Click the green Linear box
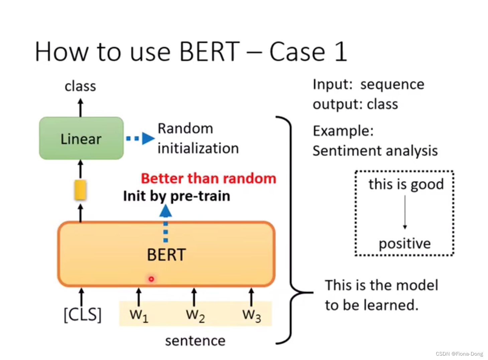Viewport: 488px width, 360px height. pyautogui.click(x=81, y=138)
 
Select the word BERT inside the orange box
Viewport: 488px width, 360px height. pyautogui.click(x=166, y=255)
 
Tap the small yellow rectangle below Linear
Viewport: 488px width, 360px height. pyautogui.click(x=80, y=190)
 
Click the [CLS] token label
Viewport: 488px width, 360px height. pyautogui.click(x=82, y=314)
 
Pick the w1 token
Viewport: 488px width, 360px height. pyautogui.click(x=139, y=315)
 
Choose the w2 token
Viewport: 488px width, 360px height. pyautogui.click(x=195, y=315)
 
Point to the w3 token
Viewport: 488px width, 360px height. pyautogui.click(x=251, y=315)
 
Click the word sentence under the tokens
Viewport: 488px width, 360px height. pyautogui.click(x=195, y=341)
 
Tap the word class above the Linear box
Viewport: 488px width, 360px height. pyautogui.click(x=80, y=86)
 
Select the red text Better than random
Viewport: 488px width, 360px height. pyautogui.click(x=208, y=178)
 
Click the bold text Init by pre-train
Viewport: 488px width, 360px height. pyautogui.click(x=176, y=196)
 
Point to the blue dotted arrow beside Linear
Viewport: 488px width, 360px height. pyautogui.click(x=140, y=138)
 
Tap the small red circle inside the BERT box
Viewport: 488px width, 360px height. pyautogui.click(x=151, y=279)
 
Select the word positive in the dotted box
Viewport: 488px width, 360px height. pyautogui.click(x=404, y=244)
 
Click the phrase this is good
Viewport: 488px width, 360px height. pyautogui.click(x=406, y=184)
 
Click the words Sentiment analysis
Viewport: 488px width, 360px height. pyautogui.click(x=375, y=151)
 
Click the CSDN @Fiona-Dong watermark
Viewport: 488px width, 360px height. pyautogui.click(x=459, y=354)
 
